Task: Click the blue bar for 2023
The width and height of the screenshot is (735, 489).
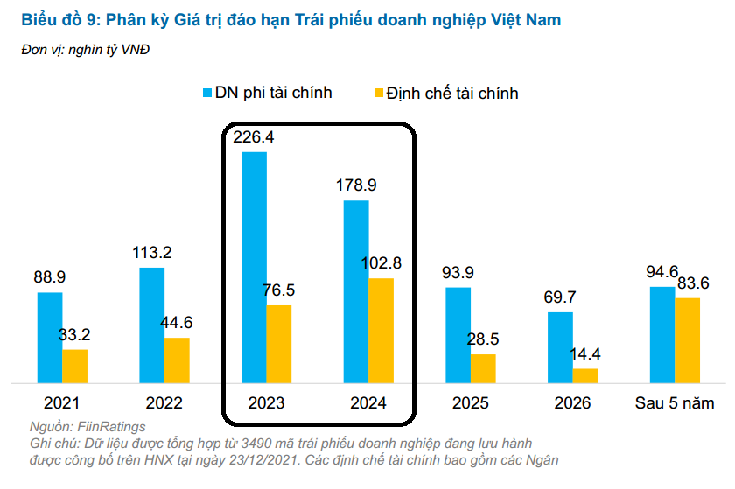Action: [254, 267]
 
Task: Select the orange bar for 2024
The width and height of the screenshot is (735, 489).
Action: [381, 330]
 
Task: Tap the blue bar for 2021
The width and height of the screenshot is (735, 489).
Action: [50, 337]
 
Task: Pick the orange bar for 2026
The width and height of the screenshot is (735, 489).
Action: [585, 375]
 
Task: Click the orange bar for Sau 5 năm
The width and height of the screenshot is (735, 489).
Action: [687, 339]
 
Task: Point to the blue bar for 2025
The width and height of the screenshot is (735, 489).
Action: [458, 334]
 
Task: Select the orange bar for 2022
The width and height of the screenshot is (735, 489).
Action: [177, 360]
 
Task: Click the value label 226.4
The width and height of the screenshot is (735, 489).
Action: [254, 137]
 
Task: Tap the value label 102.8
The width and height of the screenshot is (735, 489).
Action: [381, 263]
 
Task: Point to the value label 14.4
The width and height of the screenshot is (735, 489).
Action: [585, 354]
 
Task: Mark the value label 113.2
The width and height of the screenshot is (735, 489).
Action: [151, 253]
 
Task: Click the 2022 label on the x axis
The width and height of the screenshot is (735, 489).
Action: [164, 403]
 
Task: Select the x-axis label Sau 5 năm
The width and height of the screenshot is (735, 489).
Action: [675, 403]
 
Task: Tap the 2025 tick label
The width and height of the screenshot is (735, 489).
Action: [471, 403]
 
